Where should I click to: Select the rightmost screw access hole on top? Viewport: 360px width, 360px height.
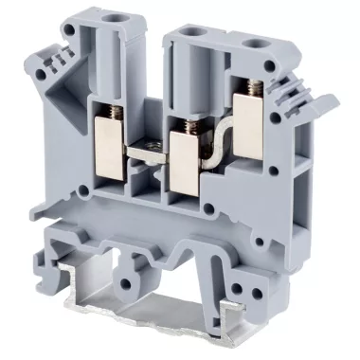pyautogui.click(x=256, y=44)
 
